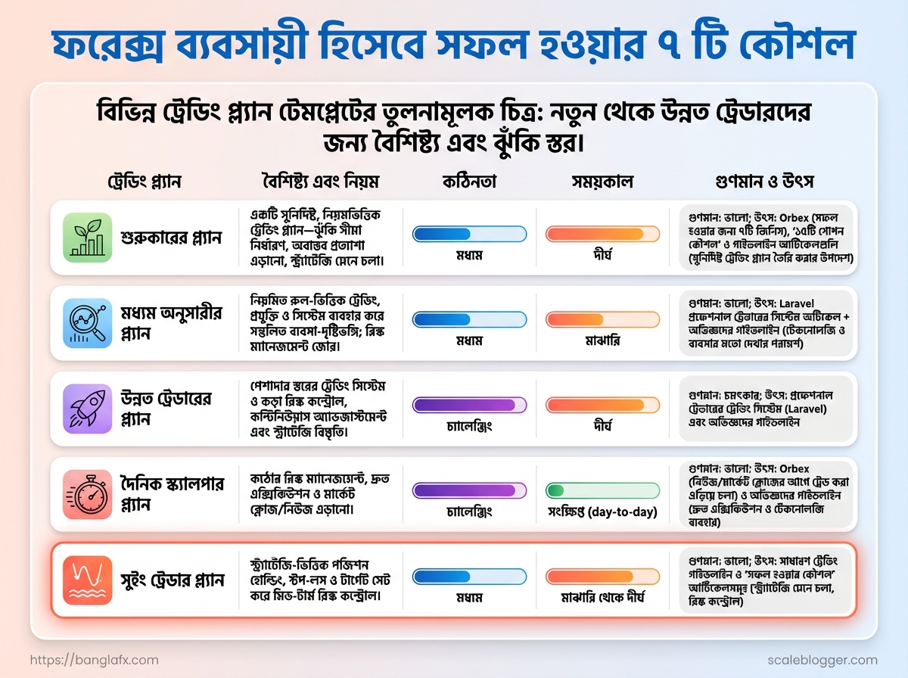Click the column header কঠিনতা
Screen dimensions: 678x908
[469, 182]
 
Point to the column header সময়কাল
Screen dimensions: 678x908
[602, 182]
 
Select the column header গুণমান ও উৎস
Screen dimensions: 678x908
[764, 182]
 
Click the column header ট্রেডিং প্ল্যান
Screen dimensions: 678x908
[144, 182]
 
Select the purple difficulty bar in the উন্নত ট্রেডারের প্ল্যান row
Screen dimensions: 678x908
[469, 405]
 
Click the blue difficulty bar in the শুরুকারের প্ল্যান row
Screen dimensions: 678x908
[469, 234]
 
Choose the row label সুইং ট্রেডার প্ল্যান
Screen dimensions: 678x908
[173, 580]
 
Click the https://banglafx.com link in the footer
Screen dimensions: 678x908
[95, 660]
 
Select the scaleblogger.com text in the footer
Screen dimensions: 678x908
[822, 660]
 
